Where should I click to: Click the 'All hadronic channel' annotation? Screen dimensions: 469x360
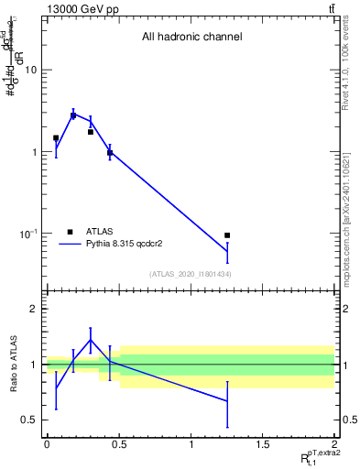[191, 38]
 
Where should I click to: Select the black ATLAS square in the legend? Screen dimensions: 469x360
[71, 232]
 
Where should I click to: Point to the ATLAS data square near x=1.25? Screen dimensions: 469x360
[227, 235]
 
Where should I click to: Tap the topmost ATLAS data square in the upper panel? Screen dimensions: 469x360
[73, 115]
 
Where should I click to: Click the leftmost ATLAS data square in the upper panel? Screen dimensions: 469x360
[56, 138]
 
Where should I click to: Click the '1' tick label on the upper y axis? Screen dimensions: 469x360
[34, 152]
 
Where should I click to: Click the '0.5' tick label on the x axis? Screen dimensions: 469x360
[118, 444]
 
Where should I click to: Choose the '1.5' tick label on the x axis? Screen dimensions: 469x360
[263, 444]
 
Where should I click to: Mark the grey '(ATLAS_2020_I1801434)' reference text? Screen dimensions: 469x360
[191, 274]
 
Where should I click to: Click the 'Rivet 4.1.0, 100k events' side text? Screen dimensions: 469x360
[346, 69]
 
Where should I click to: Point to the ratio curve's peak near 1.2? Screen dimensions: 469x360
[90, 340]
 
